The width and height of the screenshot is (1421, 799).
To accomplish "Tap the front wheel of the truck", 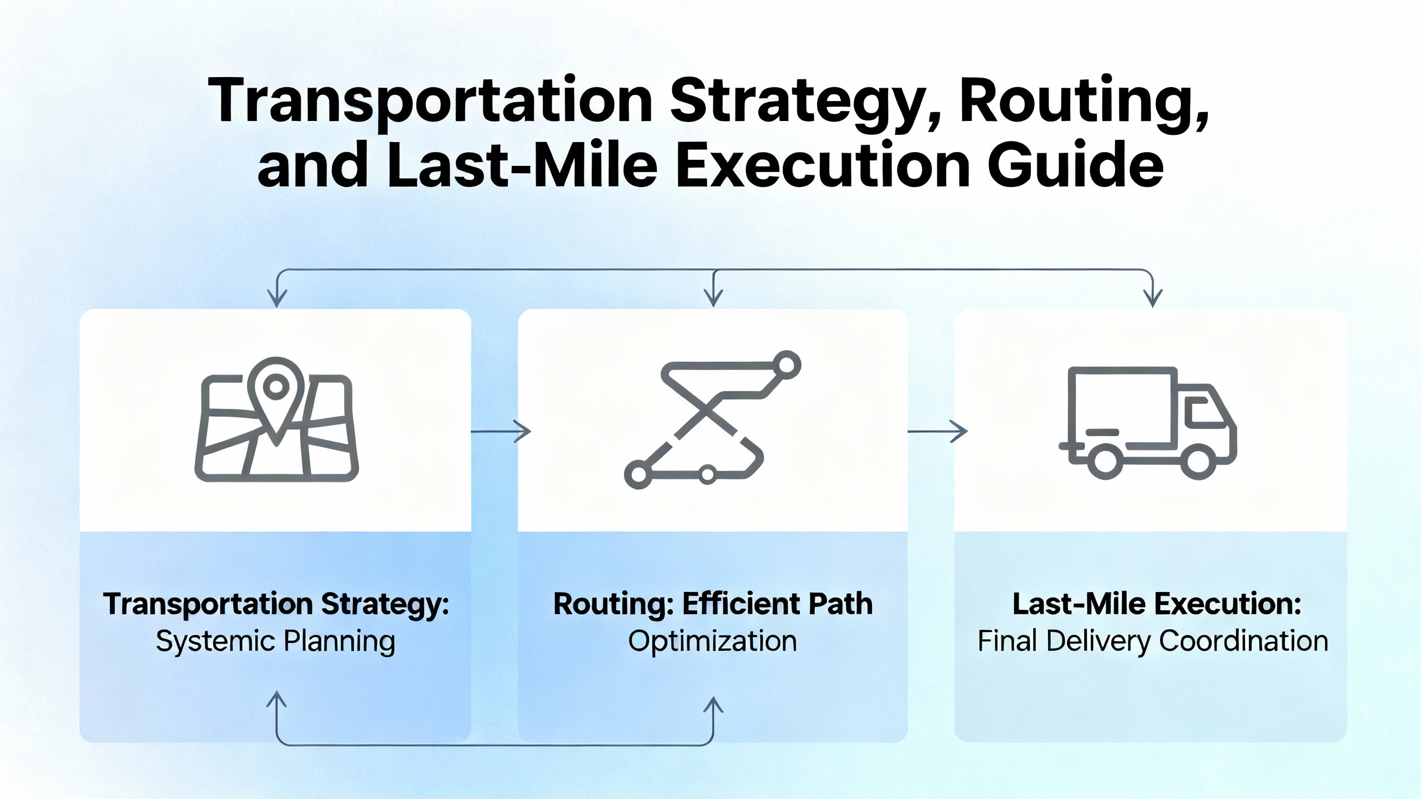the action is (1198, 462).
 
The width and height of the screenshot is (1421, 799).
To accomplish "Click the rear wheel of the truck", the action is (1105, 462).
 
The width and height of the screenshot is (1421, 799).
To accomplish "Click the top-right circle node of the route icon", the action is (787, 365).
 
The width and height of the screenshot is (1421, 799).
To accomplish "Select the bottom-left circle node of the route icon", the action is (639, 474).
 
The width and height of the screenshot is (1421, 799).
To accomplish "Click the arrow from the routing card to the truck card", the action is (938, 431).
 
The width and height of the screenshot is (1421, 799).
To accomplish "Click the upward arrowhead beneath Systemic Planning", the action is (276, 700).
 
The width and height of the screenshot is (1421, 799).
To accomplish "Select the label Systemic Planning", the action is (275, 641).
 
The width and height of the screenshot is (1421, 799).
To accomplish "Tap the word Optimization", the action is (713, 641).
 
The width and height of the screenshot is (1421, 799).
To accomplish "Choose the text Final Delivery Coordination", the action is (1153, 641).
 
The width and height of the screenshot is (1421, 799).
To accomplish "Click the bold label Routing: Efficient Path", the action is (713, 604).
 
